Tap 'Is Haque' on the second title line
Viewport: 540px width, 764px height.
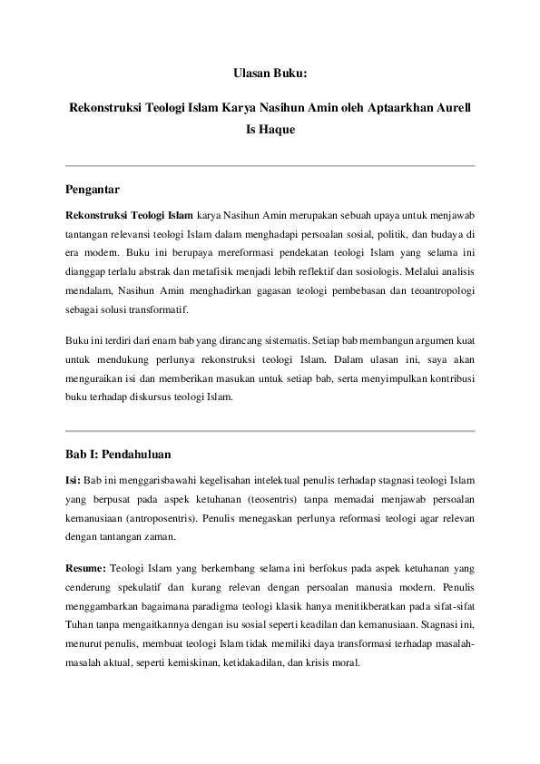point(270,130)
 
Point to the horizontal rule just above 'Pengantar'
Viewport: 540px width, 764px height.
point(270,166)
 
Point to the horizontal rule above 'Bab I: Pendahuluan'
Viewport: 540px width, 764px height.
point(270,430)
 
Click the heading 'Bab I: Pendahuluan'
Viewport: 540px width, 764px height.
point(119,454)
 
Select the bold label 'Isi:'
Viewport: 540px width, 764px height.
point(74,479)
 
